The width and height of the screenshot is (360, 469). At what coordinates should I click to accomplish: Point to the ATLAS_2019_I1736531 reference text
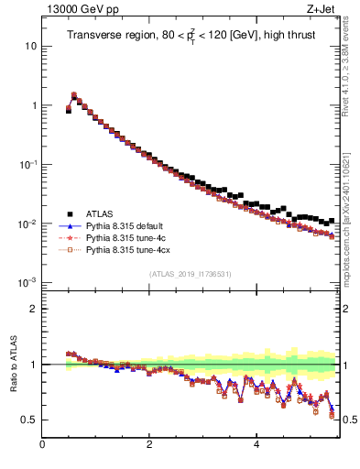[x=190, y=274]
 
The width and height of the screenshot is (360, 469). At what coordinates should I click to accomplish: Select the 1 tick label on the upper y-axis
[x=33, y=105]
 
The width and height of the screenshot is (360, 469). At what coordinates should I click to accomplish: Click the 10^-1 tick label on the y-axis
[x=28, y=164]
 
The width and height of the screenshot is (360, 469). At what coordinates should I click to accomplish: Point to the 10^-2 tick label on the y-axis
[x=28, y=224]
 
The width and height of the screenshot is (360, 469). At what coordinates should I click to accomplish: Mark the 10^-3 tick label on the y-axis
[x=28, y=282]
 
